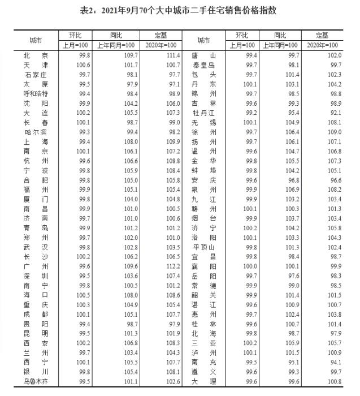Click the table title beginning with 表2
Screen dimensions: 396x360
[x=180, y=10]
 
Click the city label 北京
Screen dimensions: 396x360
[x=36, y=55]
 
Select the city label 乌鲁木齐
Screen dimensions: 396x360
[x=36, y=382]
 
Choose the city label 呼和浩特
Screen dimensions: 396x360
[x=36, y=93]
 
